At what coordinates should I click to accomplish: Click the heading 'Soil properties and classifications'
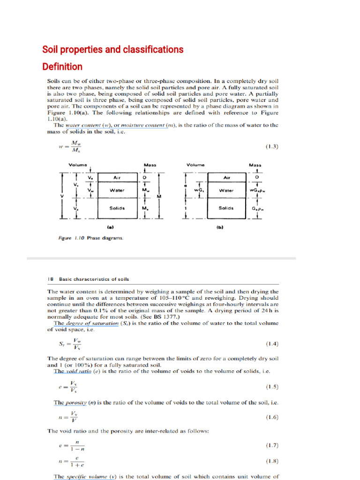coord(113,50)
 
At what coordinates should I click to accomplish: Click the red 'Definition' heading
coord(62,67)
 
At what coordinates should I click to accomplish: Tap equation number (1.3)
coord(272,146)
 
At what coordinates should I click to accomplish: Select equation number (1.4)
coord(272,344)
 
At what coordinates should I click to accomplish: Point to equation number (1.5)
coord(272,387)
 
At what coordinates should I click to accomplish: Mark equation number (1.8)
coord(272,461)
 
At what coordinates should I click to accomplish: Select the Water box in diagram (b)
coord(227,191)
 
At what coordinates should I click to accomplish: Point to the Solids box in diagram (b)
coord(227,208)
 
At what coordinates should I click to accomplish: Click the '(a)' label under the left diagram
coord(111,227)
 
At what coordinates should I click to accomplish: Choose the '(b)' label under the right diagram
coord(220,228)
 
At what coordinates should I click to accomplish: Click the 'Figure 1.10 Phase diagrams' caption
coord(91,238)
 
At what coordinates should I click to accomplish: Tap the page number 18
coord(50,279)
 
